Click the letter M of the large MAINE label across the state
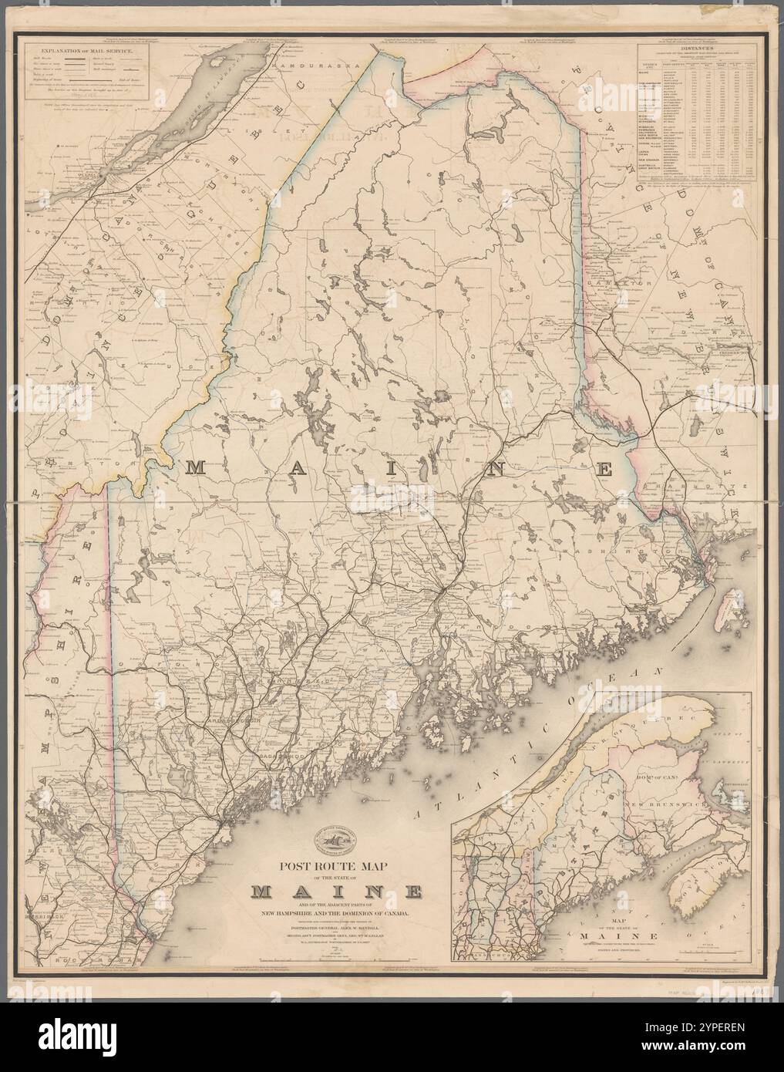(x=195, y=467)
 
